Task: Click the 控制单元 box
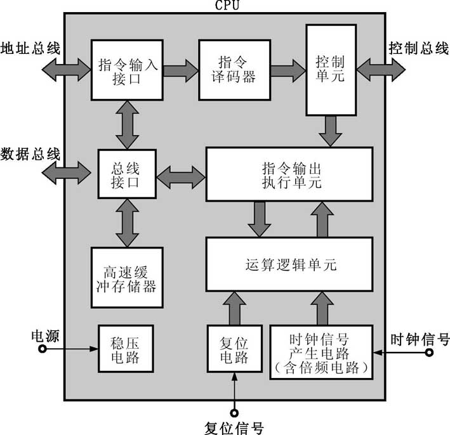coord(331,70)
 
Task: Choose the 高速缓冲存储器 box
coord(124,278)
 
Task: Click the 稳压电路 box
coord(125,349)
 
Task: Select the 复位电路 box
coord(235,349)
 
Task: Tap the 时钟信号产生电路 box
coord(321,352)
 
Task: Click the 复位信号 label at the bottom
coord(234,427)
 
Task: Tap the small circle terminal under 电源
coord(43,349)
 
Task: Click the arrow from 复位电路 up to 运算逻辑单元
coord(235,308)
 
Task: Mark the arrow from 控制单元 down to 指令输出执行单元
coord(330,131)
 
